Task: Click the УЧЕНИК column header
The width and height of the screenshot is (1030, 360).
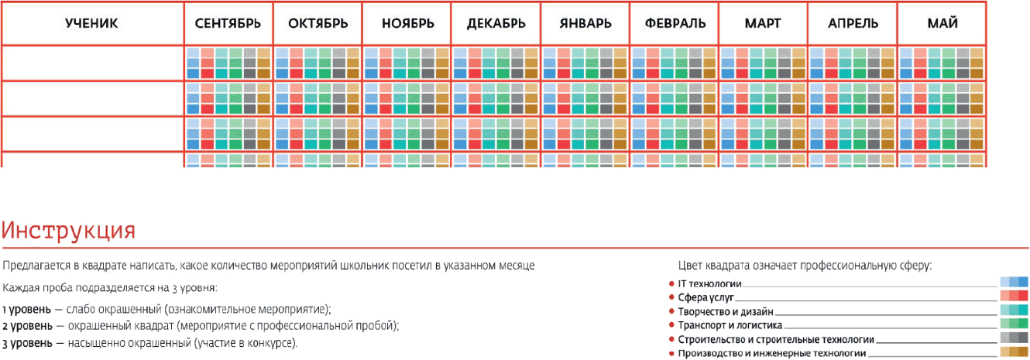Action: click(x=91, y=23)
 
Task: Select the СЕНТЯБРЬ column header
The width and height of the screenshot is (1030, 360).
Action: click(x=228, y=23)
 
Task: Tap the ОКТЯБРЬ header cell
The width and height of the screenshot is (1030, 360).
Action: click(x=318, y=23)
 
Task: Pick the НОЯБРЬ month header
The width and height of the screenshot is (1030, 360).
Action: click(x=407, y=23)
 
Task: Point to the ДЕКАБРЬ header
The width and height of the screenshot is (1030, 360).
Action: click(x=496, y=23)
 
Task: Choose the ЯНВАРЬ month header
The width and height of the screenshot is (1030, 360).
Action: click(x=585, y=23)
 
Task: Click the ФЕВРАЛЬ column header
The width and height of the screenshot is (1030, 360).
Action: click(x=675, y=23)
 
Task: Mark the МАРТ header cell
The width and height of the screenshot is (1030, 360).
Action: click(x=764, y=23)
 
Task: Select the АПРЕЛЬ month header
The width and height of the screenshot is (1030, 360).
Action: click(x=853, y=23)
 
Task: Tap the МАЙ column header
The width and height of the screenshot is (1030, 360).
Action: click(x=942, y=23)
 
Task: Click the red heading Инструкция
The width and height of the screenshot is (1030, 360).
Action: click(x=69, y=231)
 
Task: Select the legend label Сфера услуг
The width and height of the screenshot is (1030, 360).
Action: click(x=706, y=297)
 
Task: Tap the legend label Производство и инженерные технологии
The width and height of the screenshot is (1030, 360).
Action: click(x=771, y=354)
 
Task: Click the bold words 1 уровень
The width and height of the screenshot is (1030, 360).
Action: click(x=27, y=309)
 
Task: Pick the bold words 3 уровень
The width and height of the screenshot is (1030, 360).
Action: click(x=27, y=343)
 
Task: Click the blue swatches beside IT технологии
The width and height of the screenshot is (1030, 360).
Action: click(x=1014, y=282)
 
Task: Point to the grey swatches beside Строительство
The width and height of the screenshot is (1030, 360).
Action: click(x=1014, y=338)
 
